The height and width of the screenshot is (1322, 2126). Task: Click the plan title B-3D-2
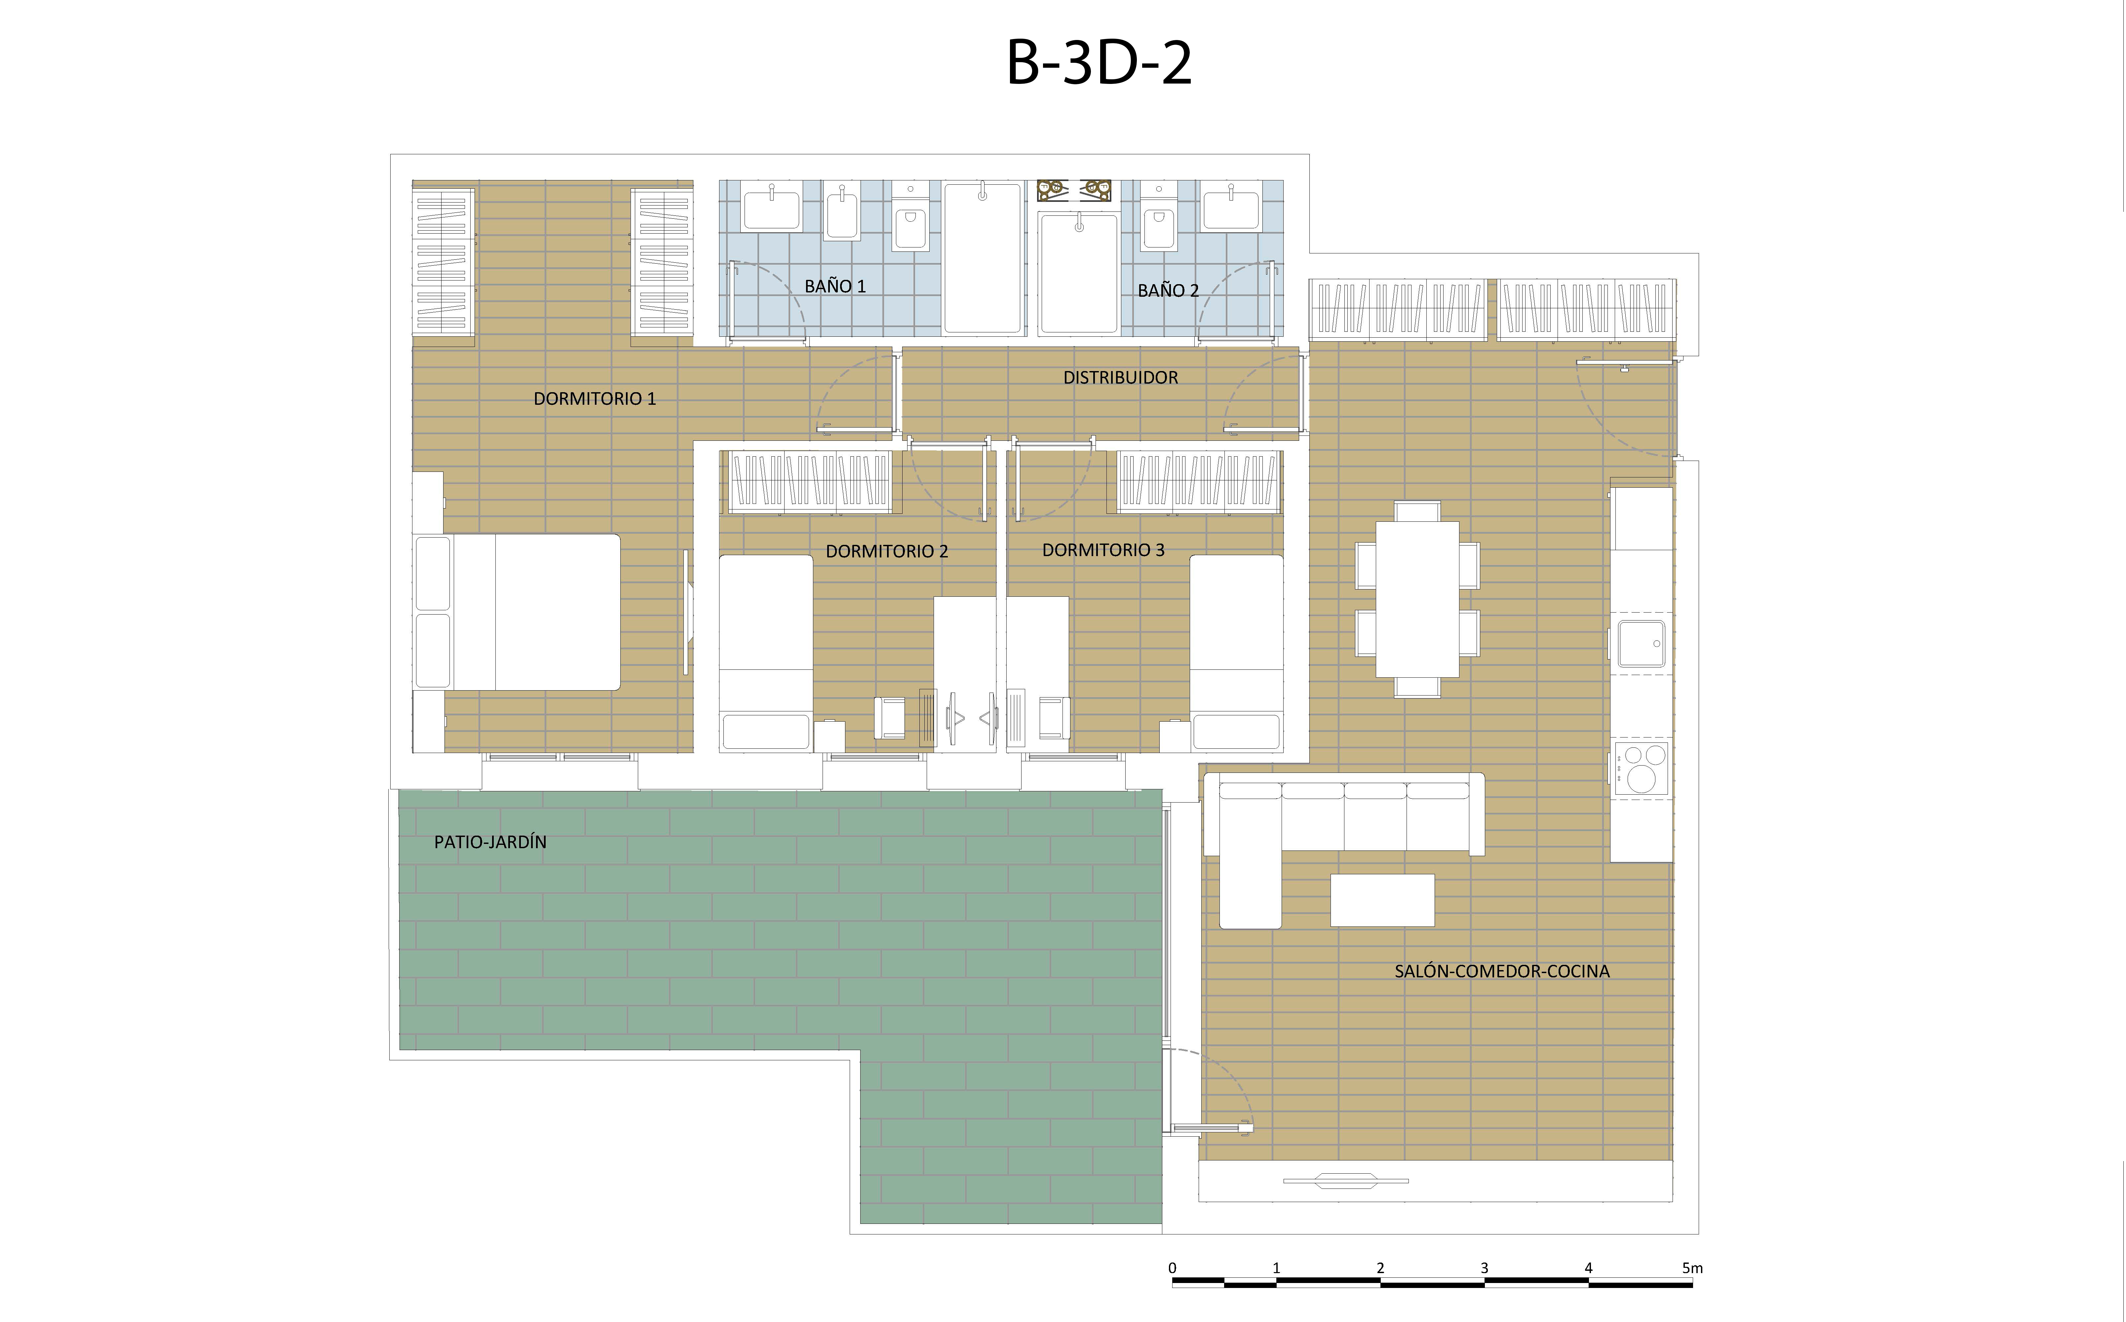coord(1099,63)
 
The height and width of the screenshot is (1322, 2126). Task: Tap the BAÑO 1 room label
coord(835,286)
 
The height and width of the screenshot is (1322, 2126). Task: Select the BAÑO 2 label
coord(1168,290)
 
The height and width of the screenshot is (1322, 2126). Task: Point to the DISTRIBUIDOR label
coord(1120,378)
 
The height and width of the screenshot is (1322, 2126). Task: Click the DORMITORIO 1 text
coord(595,399)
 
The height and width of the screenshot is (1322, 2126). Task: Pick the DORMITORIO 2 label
coord(887,552)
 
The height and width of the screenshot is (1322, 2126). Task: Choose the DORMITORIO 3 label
coord(1104,550)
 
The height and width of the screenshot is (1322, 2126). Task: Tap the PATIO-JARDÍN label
coord(491,842)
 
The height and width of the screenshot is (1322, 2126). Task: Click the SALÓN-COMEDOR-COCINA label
coord(1502,970)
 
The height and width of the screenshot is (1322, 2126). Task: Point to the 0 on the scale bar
coord(1172,1268)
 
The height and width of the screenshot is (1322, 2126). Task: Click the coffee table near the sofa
coord(1382,900)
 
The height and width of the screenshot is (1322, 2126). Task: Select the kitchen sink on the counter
coord(1641,644)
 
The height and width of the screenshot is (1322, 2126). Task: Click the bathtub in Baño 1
coord(983,258)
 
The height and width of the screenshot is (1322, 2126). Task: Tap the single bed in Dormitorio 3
coord(1237,653)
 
